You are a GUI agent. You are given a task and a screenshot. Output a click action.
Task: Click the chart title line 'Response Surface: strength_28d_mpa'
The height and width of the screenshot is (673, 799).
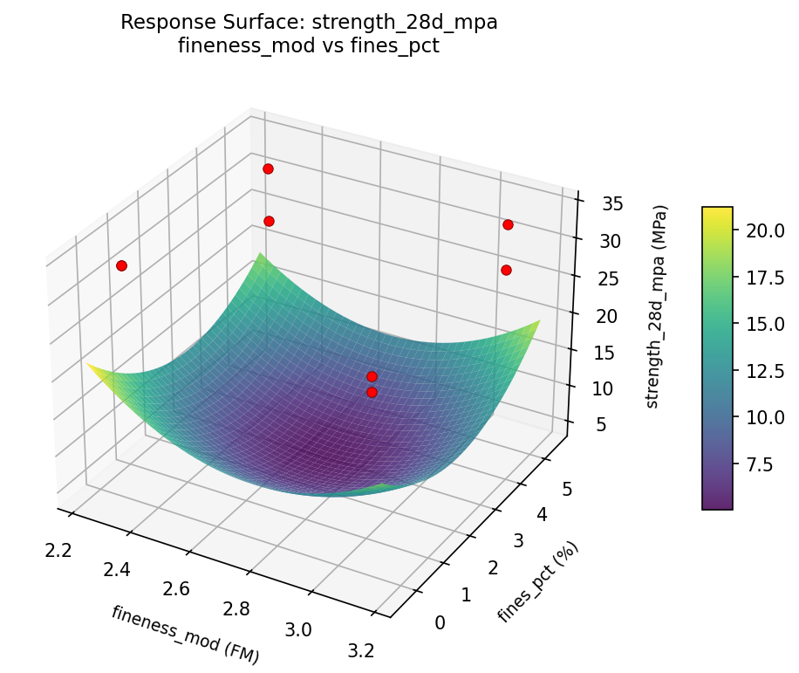[309, 23]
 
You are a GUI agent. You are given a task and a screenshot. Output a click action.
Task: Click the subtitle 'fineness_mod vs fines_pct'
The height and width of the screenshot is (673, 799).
[309, 46]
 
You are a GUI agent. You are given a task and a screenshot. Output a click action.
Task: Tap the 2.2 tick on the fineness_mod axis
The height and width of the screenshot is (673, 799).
[58, 550]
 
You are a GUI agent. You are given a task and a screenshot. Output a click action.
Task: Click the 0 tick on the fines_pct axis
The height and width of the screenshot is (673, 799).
[439, 622]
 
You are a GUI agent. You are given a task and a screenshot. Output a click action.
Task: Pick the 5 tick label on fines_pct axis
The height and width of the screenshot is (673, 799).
[566, 490]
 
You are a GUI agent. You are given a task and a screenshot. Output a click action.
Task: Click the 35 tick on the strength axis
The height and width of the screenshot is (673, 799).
[611, 204]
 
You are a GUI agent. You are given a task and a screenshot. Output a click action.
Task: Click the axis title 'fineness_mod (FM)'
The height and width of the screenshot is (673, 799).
[185, 632]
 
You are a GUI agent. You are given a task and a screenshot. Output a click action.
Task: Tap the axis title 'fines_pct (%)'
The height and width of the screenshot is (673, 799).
[538, 581]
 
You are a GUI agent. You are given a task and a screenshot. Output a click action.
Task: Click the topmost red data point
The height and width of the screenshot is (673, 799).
[268, 168]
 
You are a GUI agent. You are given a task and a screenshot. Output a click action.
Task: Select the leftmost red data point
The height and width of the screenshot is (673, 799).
[121, 265]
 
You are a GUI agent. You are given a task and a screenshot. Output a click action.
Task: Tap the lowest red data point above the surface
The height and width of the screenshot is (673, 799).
[372, 392]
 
